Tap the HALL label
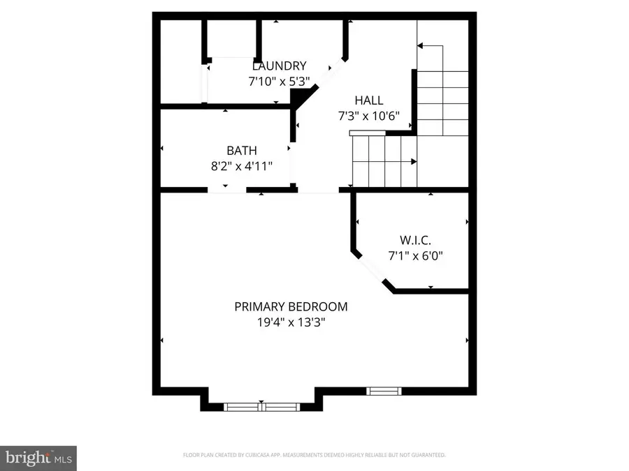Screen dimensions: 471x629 point(368,100)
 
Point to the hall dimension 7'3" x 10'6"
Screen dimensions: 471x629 point(368,115)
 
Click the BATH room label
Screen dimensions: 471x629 point(241,150)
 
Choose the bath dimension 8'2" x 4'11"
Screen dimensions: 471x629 point(241,165)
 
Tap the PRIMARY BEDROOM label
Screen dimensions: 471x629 point(291,306)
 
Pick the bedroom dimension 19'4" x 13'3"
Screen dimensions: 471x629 point(291,322)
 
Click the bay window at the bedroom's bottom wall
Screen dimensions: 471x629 point(261,406)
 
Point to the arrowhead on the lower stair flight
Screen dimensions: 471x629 point(415,162)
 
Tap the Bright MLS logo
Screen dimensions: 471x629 point(38,458)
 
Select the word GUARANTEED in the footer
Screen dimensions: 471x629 point(428,455)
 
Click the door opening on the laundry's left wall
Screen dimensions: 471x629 point(205,82)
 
